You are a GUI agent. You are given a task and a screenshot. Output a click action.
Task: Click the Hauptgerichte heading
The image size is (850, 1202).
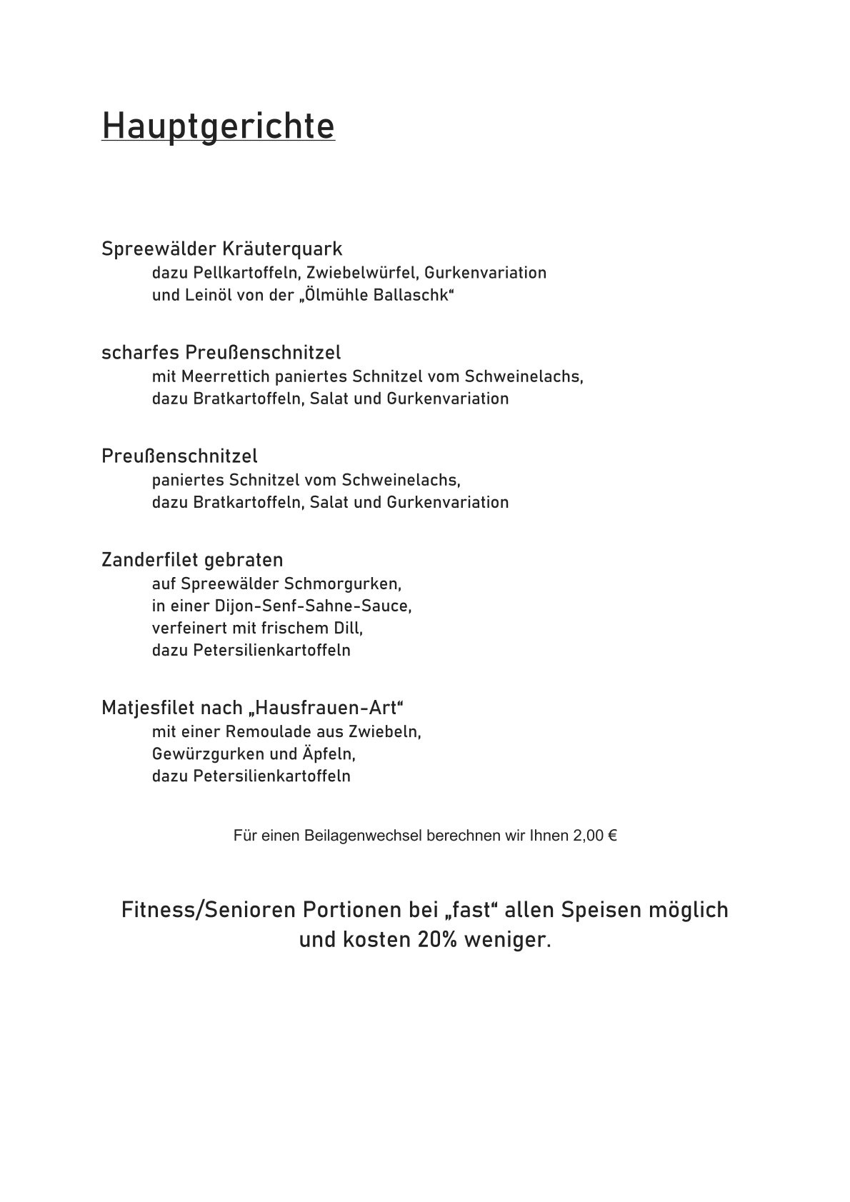point(218,126)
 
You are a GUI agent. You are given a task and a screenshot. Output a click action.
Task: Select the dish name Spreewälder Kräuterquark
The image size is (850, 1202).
point(222,249)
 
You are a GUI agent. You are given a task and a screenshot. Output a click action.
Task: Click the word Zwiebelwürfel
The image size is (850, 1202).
point(363,273)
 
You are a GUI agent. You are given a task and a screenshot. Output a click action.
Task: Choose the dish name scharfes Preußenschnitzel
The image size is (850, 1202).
point(221,353)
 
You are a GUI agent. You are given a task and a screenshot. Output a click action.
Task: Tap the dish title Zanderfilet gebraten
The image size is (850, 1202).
point(192,559)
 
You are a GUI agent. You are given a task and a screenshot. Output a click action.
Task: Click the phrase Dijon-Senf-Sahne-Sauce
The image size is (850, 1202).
point(312,606)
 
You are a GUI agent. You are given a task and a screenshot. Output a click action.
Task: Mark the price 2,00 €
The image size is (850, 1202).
point(594,836)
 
